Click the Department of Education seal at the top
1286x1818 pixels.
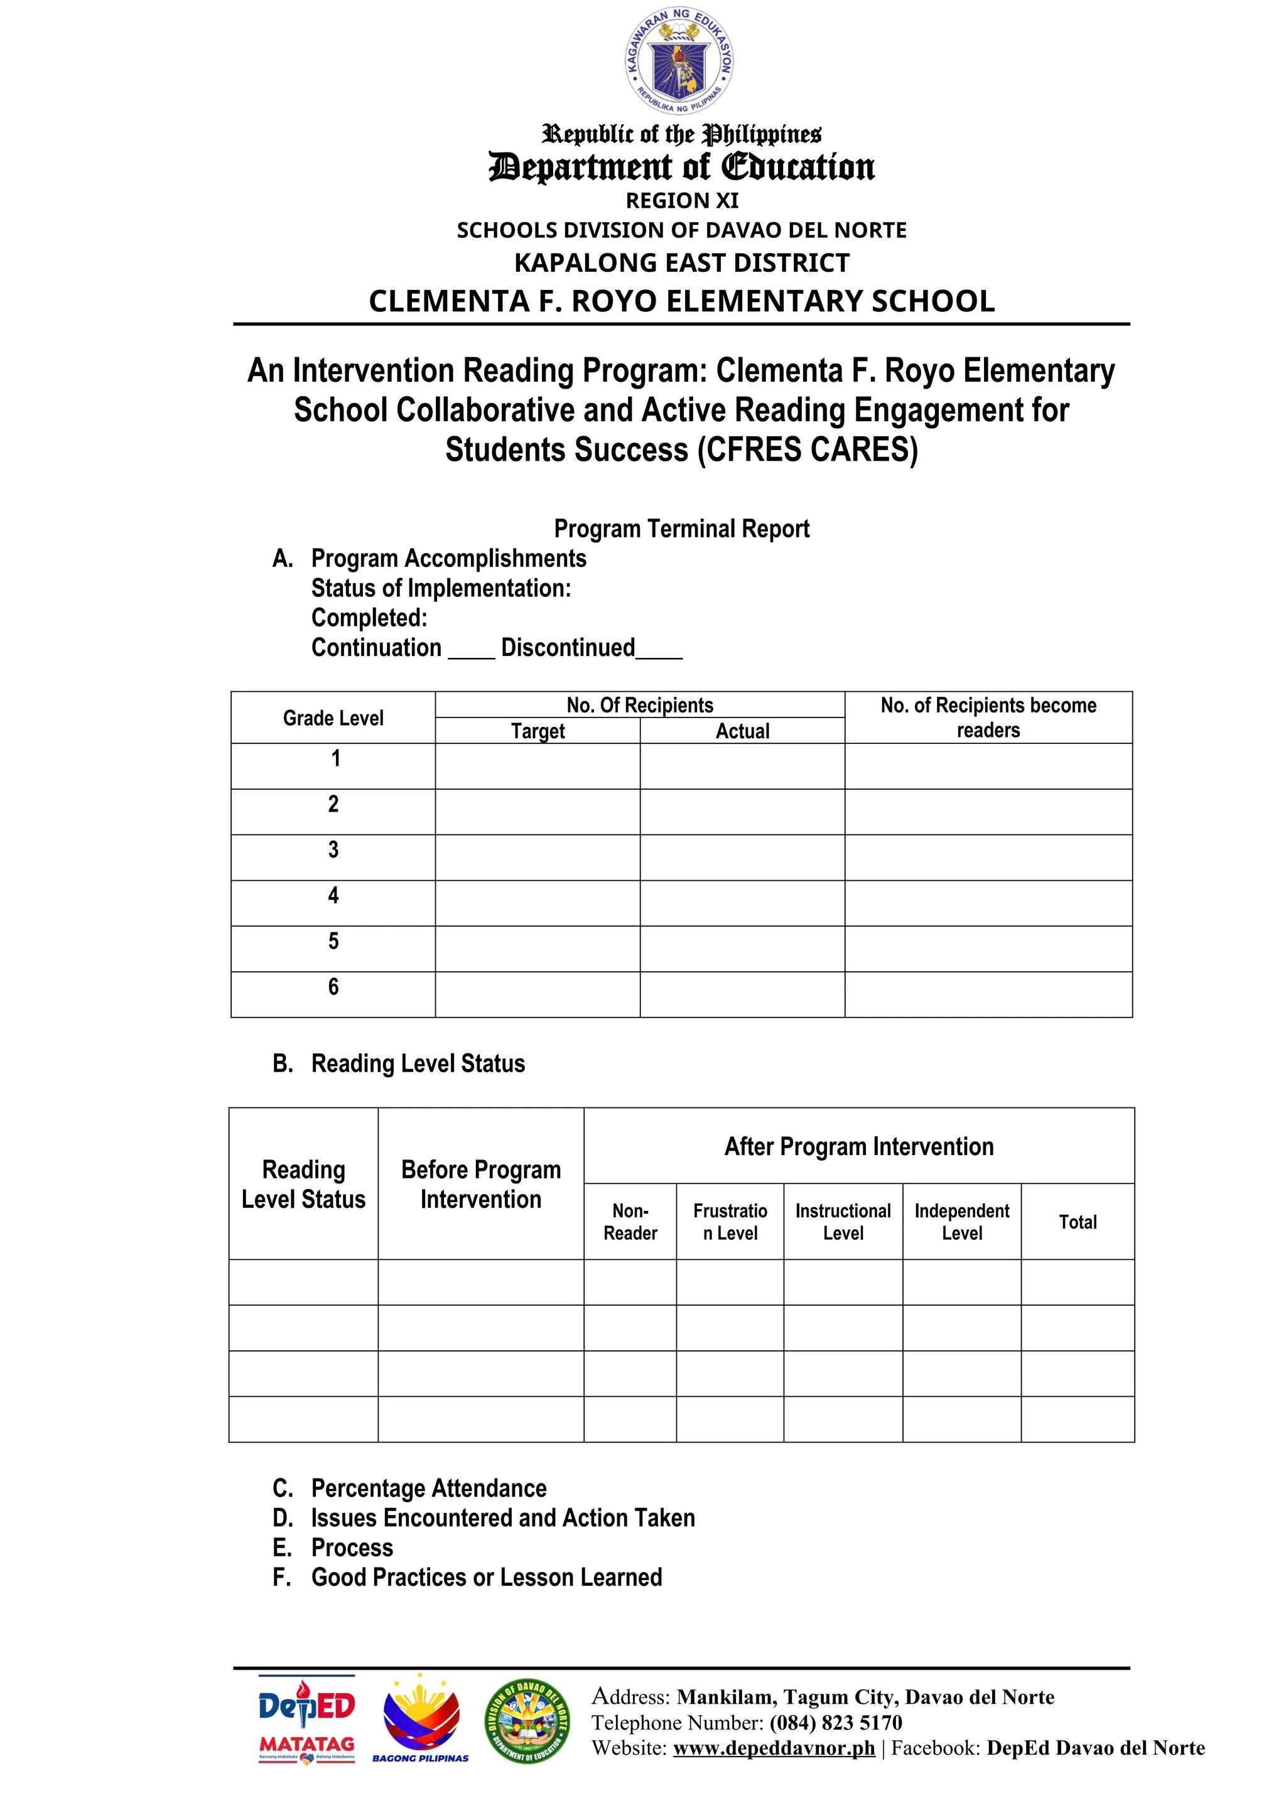679,62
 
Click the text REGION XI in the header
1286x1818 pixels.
682,200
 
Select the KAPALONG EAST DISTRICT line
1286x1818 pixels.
682,262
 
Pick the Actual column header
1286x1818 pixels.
742,731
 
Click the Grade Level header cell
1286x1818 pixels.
333,718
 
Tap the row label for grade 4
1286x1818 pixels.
333,896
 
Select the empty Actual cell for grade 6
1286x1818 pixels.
742,994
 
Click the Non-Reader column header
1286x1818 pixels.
630,1221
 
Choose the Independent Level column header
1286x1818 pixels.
961,1221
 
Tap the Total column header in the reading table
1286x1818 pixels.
1077,1222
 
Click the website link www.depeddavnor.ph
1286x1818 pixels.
774,1748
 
